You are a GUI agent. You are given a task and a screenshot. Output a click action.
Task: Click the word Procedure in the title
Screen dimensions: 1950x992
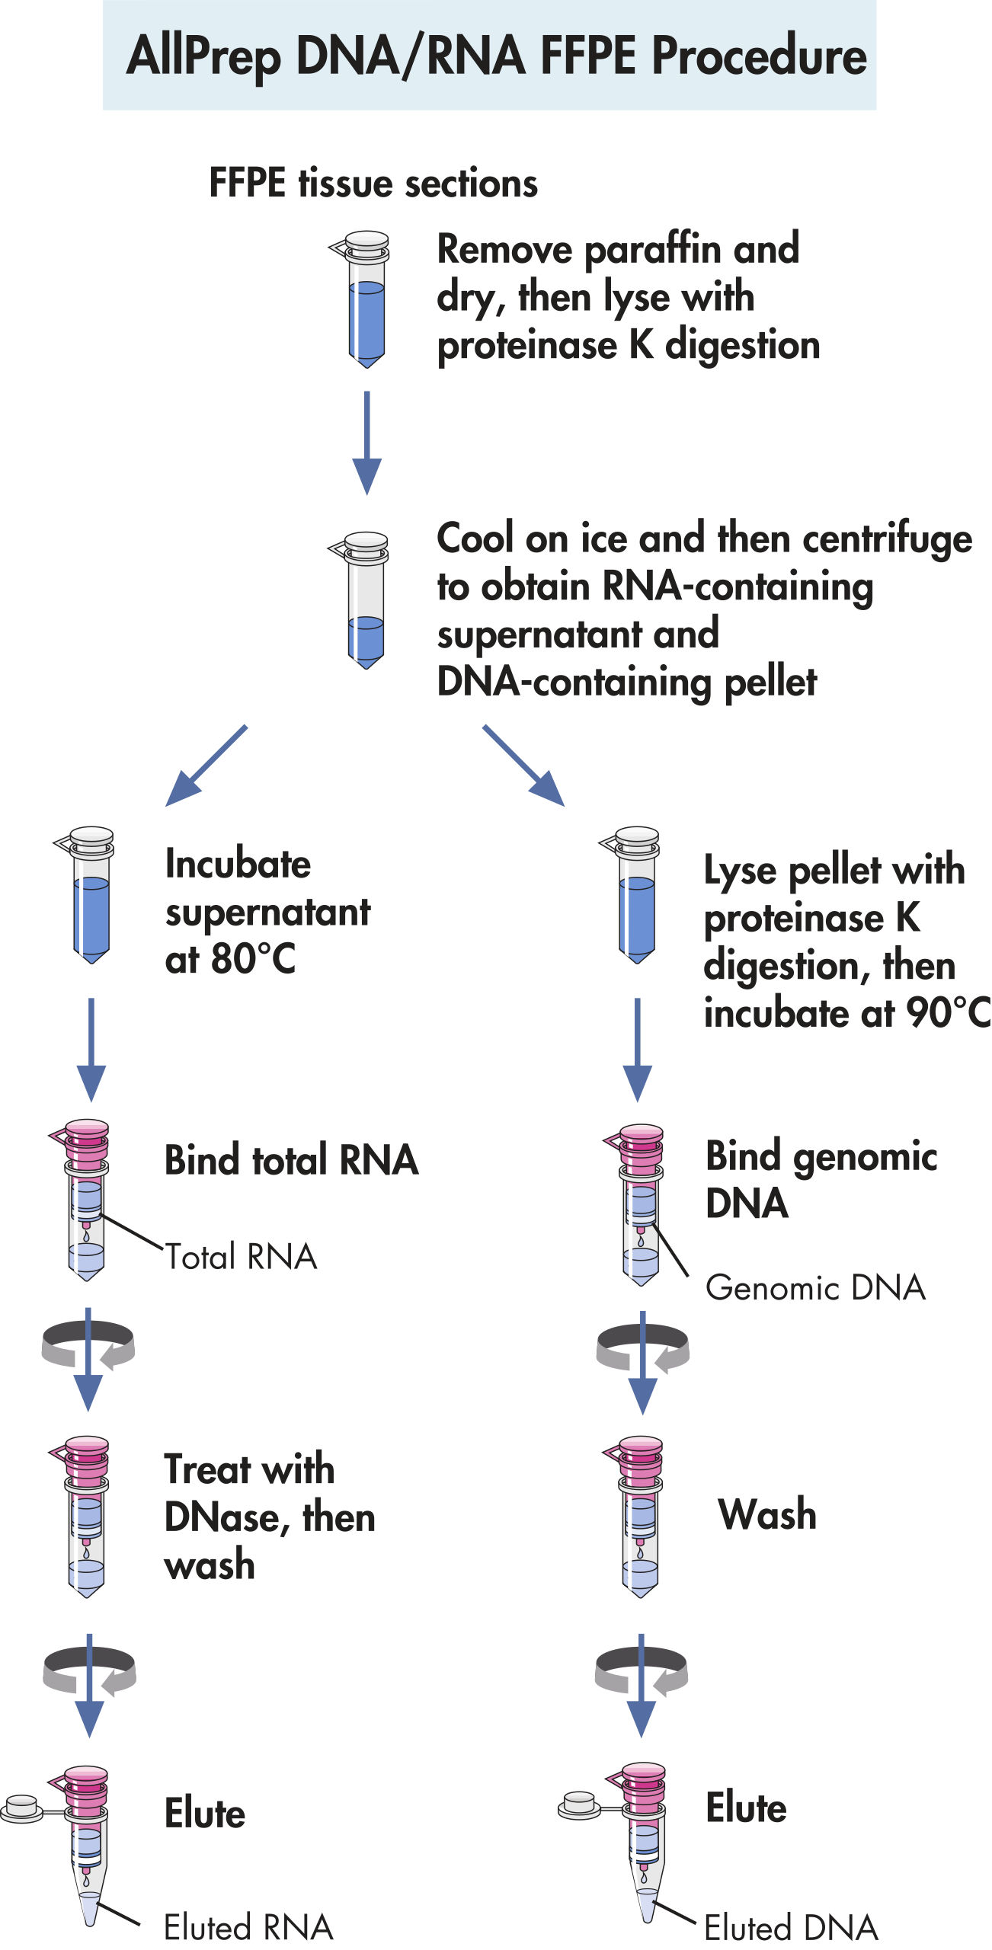[x=759, y=56]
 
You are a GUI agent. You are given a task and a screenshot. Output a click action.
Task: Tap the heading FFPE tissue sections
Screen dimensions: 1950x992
[x=373, y=184]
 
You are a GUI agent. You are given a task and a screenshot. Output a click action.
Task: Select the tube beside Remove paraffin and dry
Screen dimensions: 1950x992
[x=366, y=299]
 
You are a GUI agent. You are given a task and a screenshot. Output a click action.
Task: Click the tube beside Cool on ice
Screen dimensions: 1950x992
[x=366, y=600]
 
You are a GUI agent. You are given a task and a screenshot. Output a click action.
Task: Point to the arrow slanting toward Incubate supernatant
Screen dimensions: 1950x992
[x=206, y=766]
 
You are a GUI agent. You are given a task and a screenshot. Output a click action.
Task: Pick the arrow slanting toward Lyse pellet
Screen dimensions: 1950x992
[x=524, y=766]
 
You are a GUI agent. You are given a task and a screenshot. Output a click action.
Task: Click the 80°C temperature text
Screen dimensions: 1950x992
[x=253, y=959]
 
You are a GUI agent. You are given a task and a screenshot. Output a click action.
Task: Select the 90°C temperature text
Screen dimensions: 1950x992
[x=948, y=1013]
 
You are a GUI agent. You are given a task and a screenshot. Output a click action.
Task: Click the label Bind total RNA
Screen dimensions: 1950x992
[x=292, y=1160]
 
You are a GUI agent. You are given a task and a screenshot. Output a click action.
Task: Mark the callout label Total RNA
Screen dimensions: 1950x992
[x=241, y=1257]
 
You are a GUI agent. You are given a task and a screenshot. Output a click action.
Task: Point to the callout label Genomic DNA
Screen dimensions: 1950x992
[x=815, y=1288]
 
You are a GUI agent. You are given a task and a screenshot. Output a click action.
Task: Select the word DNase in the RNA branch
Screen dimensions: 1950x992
[x=222, y=1517]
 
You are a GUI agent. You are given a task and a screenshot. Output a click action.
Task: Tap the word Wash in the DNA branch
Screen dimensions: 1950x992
[x=767, y=1514]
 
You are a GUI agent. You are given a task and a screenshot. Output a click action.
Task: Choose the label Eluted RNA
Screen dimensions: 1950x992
[x=248, y=1927]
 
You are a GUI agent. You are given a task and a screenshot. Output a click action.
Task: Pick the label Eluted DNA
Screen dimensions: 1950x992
[x=791, y=1928]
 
